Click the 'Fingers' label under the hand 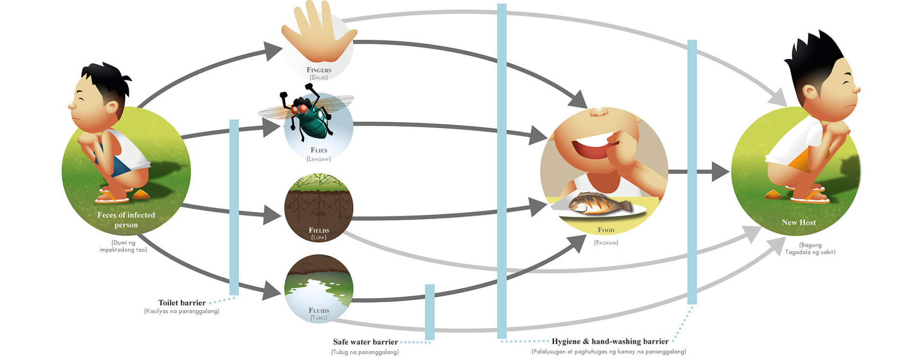(319, 70)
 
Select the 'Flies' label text (319, 150)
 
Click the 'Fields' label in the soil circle (319, 230)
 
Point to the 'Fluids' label (319, 310)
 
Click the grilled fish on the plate (596, 203)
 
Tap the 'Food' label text (606, 230)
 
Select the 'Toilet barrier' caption (182, 303)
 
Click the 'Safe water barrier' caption (365, 342)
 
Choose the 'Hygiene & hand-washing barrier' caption (610, 341)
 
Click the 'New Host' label (799, 223)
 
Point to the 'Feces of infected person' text (126, 220)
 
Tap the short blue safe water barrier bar (429, 312)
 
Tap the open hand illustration (320, 34)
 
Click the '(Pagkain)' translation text (606, 243)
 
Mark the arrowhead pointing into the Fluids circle (271, 291)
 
